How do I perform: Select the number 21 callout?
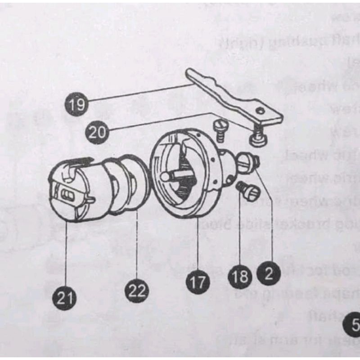point(66,297)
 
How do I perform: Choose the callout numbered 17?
point(198,283)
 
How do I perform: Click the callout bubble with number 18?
point(241,276)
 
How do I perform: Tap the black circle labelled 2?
point(269,273)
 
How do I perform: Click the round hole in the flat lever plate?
point(259,110)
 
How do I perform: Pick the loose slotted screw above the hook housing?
point(220,126)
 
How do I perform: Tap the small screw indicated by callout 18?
point(248,191)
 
